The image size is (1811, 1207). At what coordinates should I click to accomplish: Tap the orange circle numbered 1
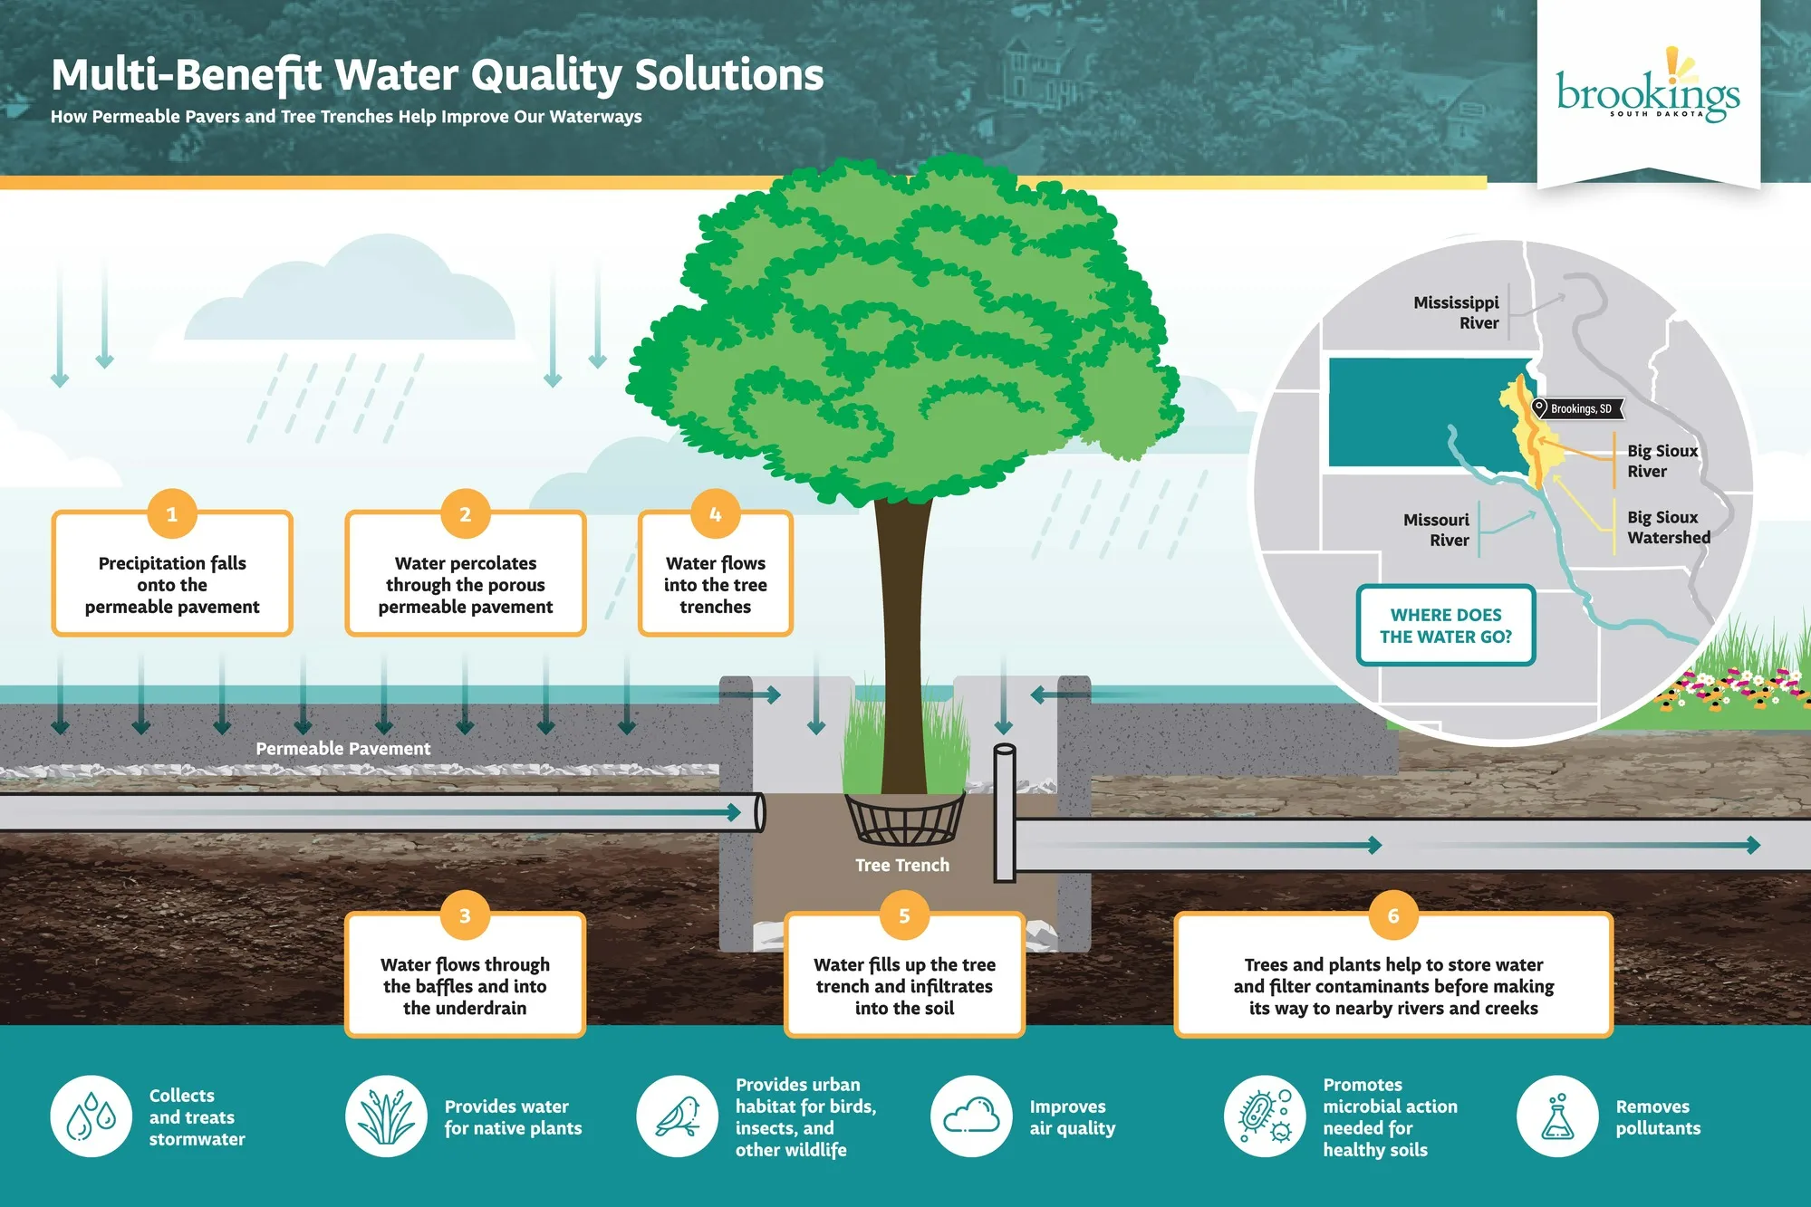click(171, 514)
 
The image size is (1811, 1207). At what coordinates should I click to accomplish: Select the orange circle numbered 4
click(715, 514)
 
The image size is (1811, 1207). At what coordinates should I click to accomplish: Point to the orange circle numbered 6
click(1392, 915)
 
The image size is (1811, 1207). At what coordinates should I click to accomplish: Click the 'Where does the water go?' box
click(1445, 626)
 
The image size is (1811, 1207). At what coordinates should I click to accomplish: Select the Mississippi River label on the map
click(1456, 312)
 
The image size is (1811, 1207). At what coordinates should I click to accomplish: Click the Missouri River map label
click(1436, 530)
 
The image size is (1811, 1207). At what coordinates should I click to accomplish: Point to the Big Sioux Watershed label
click(1668, 527)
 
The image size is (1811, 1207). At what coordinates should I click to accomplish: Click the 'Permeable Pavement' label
click(342, 749)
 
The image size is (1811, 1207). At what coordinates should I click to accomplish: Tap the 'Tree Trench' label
click(902, 865)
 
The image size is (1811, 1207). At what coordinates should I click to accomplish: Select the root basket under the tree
click(905, 819)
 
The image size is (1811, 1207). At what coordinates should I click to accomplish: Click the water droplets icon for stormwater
click(92, 1116)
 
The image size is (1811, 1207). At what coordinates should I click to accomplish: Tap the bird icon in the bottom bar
click(677, 1116)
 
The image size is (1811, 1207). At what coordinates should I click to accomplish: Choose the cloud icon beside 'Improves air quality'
click(971, 1116)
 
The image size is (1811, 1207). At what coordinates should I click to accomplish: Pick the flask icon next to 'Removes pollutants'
click(1557, 1116)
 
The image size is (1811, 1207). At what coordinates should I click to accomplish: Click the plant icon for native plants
click(386, 1116)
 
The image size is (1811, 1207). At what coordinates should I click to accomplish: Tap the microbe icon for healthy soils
click(1265, 1116)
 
